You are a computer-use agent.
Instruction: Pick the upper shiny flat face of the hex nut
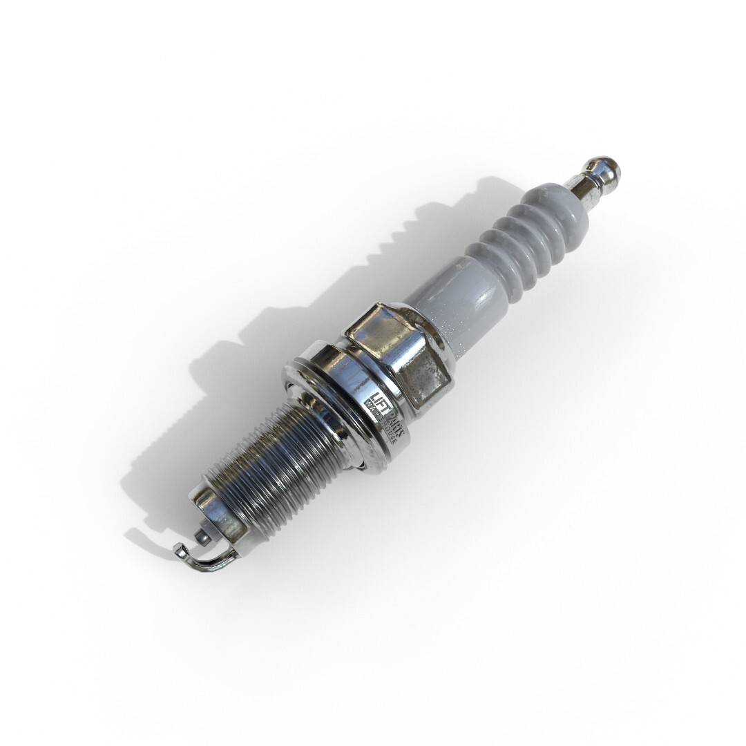376,329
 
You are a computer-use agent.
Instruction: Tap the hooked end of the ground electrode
179,551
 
